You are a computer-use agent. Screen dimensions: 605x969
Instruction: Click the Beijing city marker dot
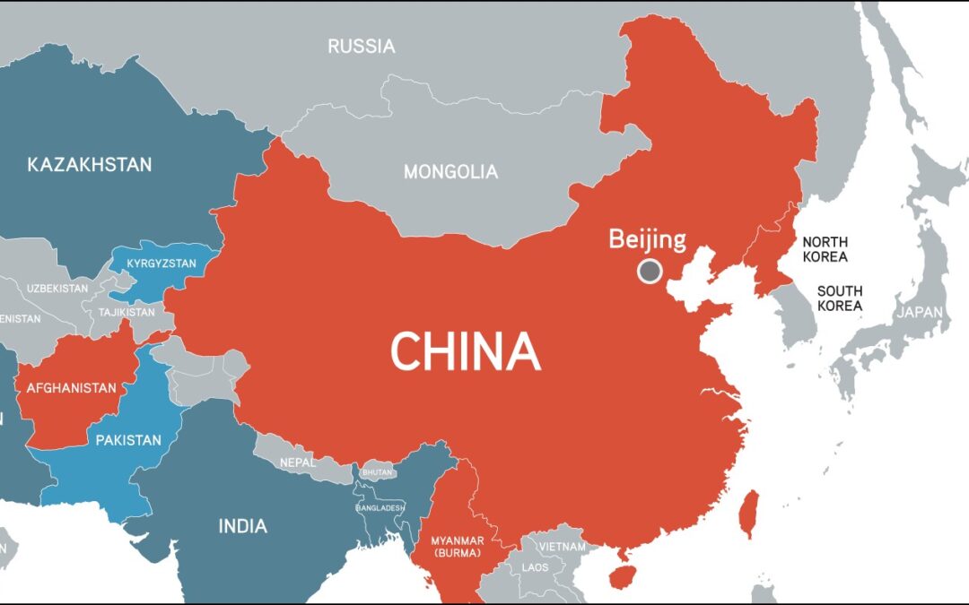pos(649,271)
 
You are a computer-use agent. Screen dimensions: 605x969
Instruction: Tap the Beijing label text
pos(647,239)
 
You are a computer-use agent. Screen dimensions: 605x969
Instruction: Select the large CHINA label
pos(466,351)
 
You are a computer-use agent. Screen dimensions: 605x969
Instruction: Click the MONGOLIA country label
pos(450,171)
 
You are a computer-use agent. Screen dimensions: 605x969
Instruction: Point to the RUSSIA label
pos(361,47)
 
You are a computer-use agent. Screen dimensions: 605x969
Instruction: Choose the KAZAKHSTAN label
pos(90,165)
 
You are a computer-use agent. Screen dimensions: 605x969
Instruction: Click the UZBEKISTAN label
pos(57,289)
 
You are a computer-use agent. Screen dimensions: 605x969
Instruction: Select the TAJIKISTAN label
pos(126,312)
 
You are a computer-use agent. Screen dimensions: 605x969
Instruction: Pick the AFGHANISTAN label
pos(72,388)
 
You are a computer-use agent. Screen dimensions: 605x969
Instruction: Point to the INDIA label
pos(242,526)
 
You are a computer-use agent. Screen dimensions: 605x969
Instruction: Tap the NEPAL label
pos(298,462)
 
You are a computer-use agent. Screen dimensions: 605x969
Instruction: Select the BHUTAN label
pos(378,471)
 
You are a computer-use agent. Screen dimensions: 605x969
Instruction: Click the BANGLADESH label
pos(380,507)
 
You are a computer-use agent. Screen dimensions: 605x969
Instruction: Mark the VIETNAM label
pos(562,546)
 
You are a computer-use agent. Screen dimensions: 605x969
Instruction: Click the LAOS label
pos(535,566)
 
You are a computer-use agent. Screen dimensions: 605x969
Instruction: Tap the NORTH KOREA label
pos(825,249)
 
